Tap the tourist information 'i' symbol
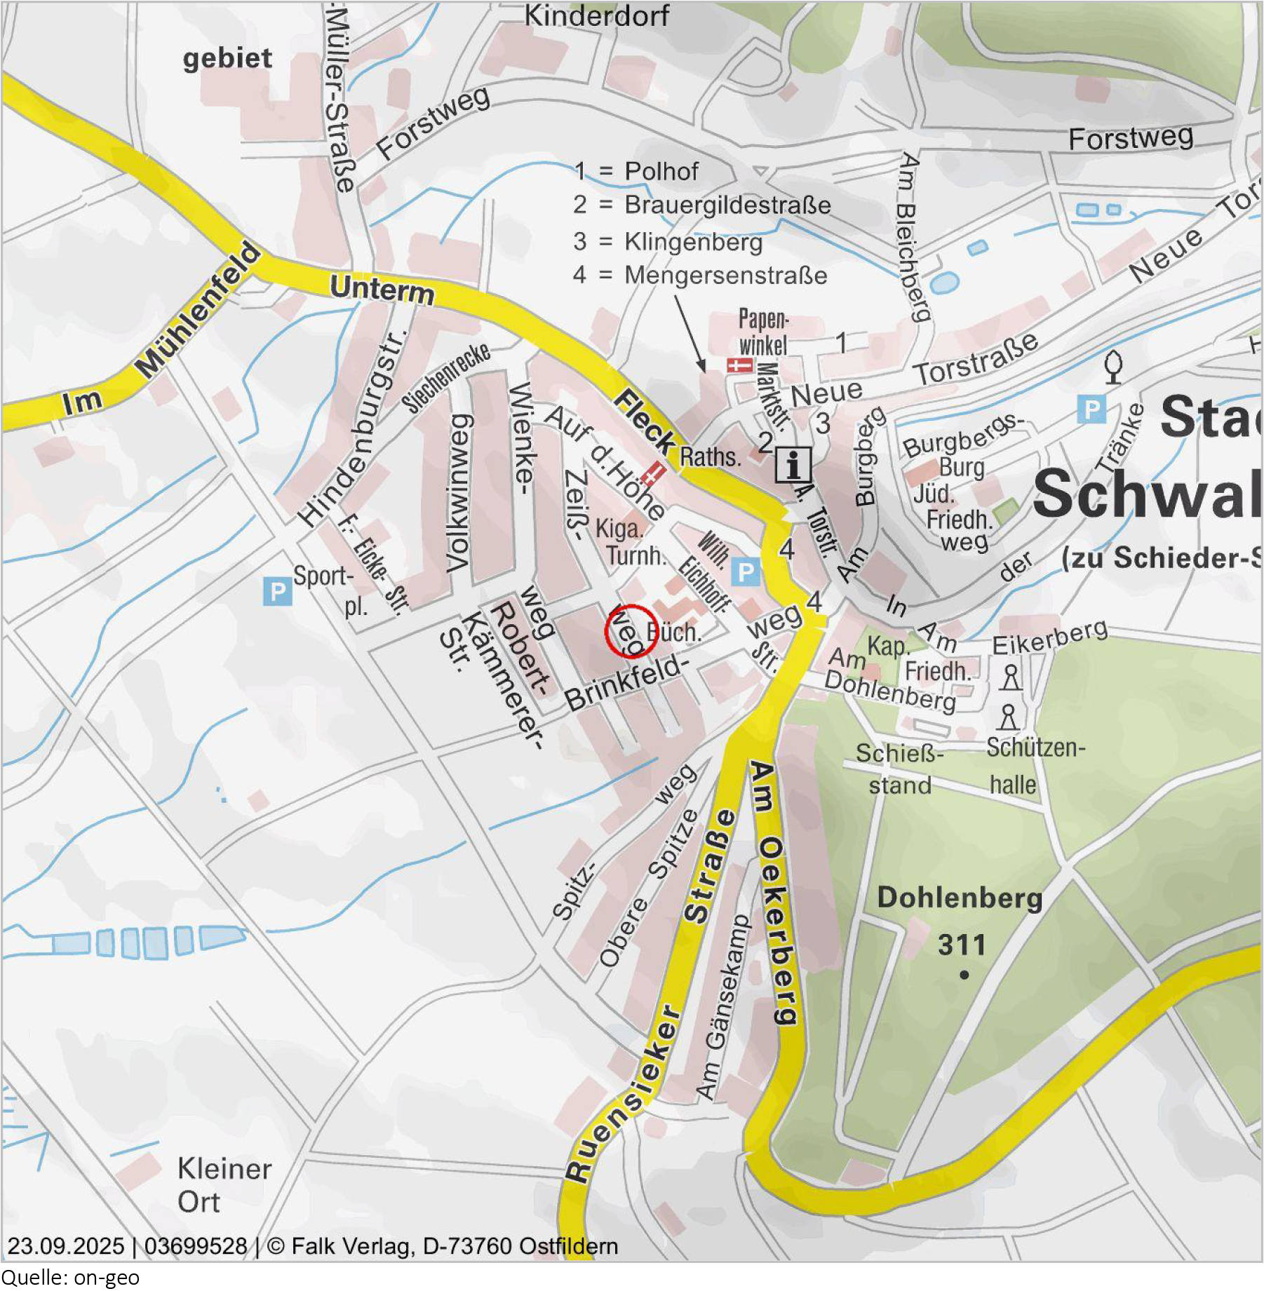click(793, 464)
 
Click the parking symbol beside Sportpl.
click(277, 591)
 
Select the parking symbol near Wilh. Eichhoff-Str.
click(745, 573)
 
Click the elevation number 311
click(962, 945)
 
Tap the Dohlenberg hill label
click(960, 898)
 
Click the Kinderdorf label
click(596, 15)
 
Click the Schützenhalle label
click(1035, 766)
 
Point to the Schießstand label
click(899, 769)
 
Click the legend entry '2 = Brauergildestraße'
click(701, 205)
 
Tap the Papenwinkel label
click(763, 332)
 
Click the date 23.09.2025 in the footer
click(65, 1246)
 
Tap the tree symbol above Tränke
click(1113, 366)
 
